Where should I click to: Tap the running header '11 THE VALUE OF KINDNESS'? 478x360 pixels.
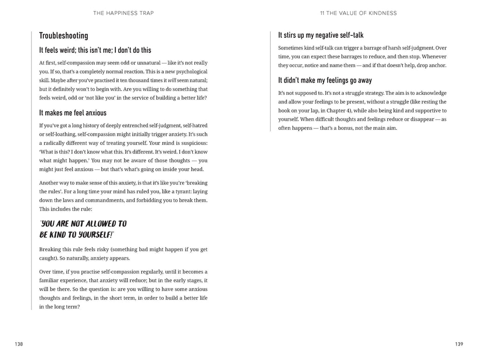click(x=358, y=13)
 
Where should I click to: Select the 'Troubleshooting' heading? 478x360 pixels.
click(x=63, y=35)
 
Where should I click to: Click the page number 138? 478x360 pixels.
click(x=19, y=344)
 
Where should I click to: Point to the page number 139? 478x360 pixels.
click(x=458, y=344)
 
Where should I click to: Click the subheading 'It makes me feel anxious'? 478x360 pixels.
click(x=73, y=113)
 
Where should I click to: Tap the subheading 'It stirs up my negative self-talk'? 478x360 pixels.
click(x=321, y=35)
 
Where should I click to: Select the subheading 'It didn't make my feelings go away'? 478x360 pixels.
click(x=325, y=80)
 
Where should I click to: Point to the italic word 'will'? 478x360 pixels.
click(x=172, y=80)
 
